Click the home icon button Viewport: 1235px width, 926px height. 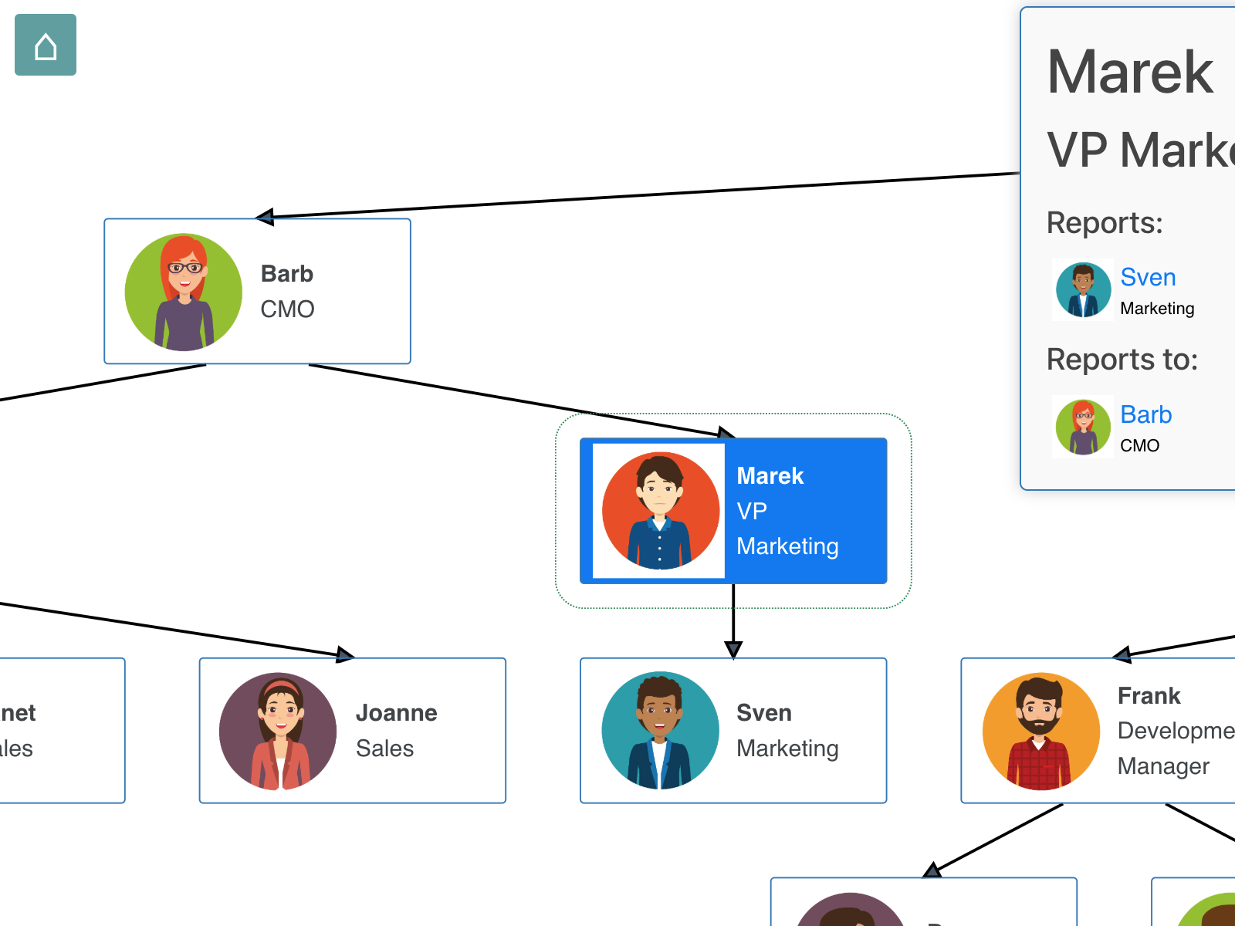(46, 45)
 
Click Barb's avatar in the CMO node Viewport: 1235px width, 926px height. (184, 292)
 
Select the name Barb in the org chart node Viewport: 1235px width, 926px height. (287, 274)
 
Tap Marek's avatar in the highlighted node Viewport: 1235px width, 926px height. (660, 510)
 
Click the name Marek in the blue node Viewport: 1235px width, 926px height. (770, 476)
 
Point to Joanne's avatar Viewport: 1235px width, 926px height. (278, 731)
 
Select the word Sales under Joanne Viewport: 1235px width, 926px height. (384, 749)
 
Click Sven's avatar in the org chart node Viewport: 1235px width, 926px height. (660, 731)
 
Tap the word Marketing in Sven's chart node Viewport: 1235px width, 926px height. (787, 749)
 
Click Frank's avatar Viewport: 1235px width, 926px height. (1040, 731)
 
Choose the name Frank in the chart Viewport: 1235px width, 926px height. (1149, 696)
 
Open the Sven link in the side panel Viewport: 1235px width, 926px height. (1148, 278)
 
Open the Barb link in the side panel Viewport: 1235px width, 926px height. (1145, 415)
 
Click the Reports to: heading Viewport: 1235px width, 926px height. (1122, 360)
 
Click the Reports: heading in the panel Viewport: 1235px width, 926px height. (1104, 223)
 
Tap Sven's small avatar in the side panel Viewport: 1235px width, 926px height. (1083, 290)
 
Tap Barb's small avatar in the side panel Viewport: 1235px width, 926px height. (1083, 427)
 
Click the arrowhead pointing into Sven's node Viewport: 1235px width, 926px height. (733, 650)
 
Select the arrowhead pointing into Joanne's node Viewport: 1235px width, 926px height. (346, 655)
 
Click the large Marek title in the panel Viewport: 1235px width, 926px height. (1130, 73)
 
